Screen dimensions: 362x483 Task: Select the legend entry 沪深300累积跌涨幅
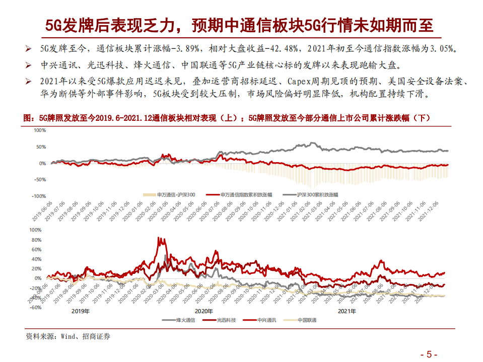tap(318, 194)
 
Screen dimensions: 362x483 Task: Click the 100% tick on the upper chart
tap(39, 130)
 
